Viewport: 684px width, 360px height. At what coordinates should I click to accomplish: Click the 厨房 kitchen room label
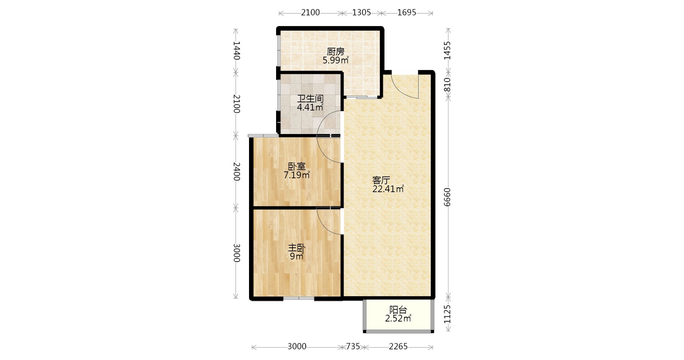click(x=336, y=52)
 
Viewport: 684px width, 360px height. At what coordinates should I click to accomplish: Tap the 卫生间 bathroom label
click(x=310, y=99)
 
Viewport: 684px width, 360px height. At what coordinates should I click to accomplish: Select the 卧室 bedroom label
click(x=297, y=166)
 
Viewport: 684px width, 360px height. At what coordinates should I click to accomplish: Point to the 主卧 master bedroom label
click(x=297, y=248)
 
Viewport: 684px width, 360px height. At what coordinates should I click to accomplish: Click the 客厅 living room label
click(x=381, y=180)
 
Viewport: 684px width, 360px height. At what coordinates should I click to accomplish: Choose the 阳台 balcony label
click(x=398, y=310)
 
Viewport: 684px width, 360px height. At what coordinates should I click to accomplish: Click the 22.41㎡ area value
click(x=388, y=189)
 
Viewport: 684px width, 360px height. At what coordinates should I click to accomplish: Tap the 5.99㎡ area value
click(x=336, y=60)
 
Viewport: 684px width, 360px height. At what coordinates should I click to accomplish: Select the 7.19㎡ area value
click(x=297, y=175)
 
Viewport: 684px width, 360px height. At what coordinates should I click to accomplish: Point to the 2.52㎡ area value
click(x=398, y=318)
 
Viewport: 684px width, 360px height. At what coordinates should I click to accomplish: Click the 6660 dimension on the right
click(x=447, y=197)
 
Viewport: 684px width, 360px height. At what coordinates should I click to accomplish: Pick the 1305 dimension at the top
click(x=362, y=12)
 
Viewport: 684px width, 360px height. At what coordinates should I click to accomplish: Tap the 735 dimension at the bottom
click(x=353, y=346)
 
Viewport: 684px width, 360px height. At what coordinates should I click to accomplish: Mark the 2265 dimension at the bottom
click(x=398, y=346)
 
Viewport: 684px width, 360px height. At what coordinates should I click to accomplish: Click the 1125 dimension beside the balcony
click(x=447, y=314)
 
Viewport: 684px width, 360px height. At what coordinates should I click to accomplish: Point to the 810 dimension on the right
click(x=447, y=85)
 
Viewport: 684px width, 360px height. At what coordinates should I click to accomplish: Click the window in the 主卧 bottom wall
click(x=299, y=298)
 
